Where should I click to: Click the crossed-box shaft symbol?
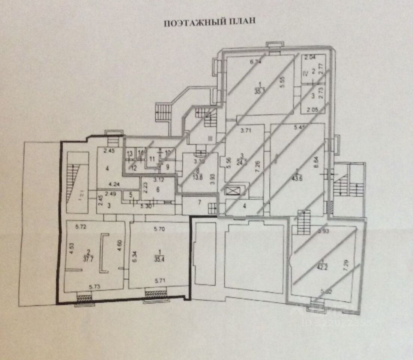click(230, 191)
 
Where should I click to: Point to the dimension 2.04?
click(309, 58)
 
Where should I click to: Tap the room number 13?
click(130, 154)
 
